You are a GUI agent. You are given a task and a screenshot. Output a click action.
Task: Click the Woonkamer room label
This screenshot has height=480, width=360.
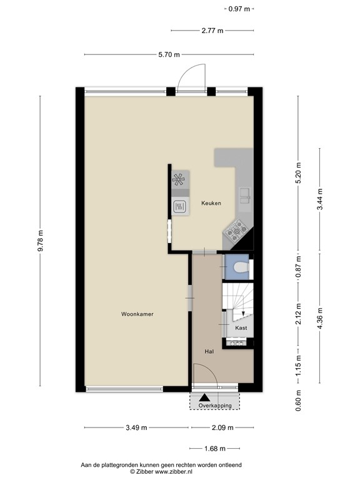137,314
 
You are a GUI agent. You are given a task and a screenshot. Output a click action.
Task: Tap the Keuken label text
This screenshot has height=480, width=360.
211,203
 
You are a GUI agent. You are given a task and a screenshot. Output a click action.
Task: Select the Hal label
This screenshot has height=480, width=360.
209,352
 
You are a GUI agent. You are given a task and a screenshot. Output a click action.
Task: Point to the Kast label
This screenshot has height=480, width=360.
241,327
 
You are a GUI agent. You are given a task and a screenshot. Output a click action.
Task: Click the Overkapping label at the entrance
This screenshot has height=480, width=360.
215,406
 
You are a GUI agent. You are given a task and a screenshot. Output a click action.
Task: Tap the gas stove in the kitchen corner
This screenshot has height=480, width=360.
237,233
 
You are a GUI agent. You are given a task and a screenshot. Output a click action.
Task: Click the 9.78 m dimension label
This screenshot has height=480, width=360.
41,241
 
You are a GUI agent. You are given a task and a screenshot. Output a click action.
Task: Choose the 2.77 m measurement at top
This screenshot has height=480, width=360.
212,31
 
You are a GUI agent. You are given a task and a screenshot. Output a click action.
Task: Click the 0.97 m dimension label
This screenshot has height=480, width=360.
239,9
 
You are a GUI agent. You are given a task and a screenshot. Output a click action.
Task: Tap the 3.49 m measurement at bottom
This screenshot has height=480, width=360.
136,428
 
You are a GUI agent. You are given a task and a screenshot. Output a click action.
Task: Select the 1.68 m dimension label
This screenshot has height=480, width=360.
214,448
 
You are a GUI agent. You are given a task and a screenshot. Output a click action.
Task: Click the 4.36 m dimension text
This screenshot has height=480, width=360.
319,319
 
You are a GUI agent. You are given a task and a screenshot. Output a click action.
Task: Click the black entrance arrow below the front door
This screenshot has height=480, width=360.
203,396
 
